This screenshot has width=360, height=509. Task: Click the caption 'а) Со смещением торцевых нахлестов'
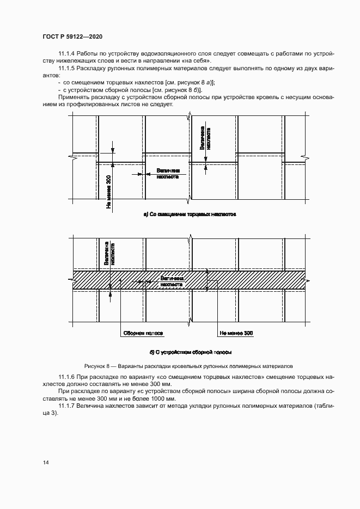pyautogui.click(x=189, y=214)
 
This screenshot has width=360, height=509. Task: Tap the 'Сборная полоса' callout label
pyautogui.click(x=143, y=333)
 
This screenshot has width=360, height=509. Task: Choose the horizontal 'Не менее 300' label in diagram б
pyautogui.click(x=236, y=333)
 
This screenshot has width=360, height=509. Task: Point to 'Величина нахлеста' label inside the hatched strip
pyautogui.click(x=171, y=280)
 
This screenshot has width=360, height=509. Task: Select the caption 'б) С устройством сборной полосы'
pyautogui.click(x=191, y=352)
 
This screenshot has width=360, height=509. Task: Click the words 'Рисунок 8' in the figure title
pyautogui.click(x=97, y=366)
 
